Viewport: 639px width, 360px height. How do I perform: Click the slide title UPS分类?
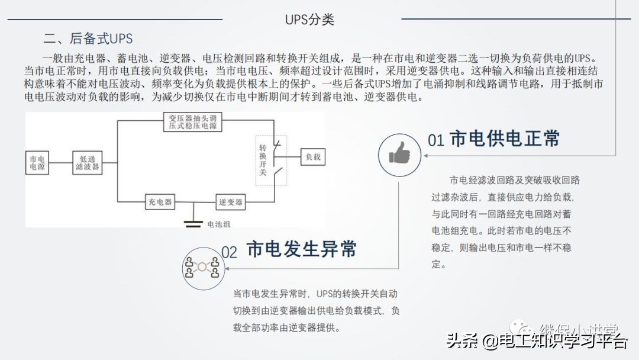[x=309, y=19]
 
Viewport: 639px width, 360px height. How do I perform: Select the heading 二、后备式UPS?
[x=88, y=39]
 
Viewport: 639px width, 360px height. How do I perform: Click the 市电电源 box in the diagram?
[x=37, y=163]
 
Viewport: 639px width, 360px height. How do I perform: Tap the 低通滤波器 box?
[x=88, y=163]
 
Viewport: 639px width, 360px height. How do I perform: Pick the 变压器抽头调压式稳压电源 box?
[x=192, y=122]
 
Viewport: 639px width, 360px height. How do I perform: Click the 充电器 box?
[x=160, y=202]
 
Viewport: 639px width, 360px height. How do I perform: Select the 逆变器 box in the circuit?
[x=230, y=202]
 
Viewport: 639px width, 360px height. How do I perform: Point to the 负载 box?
[x=312, y=157]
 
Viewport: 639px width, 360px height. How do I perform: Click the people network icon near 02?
[x=202, y=267]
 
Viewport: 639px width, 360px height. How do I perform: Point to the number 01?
[x=435, y=140]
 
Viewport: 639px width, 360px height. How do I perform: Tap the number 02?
[x=229, y=252]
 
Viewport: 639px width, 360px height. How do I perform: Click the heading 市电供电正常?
[x=505, y=139]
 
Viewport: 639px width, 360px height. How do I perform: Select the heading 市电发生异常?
[x=301, y=249]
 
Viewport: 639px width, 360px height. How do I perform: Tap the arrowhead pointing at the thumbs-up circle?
[x=426, y=156]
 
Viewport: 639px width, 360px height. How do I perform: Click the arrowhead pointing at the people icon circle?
[x=228, y=268]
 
